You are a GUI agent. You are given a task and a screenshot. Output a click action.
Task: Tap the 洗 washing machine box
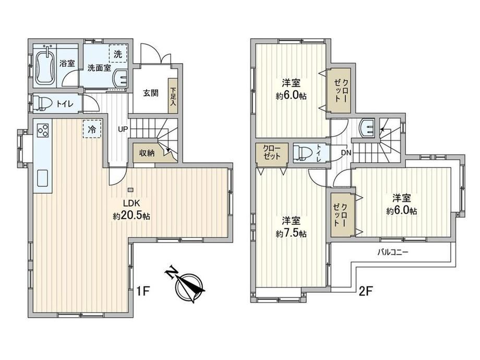click(x=118, y=54)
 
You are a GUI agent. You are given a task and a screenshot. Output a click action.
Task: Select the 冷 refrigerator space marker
click(x=92, y=129)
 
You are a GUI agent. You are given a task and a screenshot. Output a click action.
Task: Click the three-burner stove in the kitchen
click(x=43, y=130)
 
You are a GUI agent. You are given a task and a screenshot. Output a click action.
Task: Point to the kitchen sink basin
click(x=43, y=178)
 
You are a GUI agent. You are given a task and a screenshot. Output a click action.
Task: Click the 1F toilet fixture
click(x=42, y=103)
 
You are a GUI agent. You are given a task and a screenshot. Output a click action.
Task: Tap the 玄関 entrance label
click(x=151, y=93)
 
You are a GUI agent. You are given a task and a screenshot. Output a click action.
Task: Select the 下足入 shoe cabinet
click(x=173, y=96)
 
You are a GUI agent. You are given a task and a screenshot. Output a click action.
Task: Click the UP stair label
click(x=123, y=129)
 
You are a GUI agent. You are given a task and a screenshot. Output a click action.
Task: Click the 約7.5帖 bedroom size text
click(x=291, y=234)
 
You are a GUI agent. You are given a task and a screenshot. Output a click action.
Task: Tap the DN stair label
click(x=346, y=152)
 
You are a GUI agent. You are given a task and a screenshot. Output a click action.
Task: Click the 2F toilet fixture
click(x=303, y=152)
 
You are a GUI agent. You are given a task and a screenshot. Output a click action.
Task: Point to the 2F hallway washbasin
click(x=367, y=128)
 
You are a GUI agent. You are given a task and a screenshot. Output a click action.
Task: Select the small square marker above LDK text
click(x=131, y=189)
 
